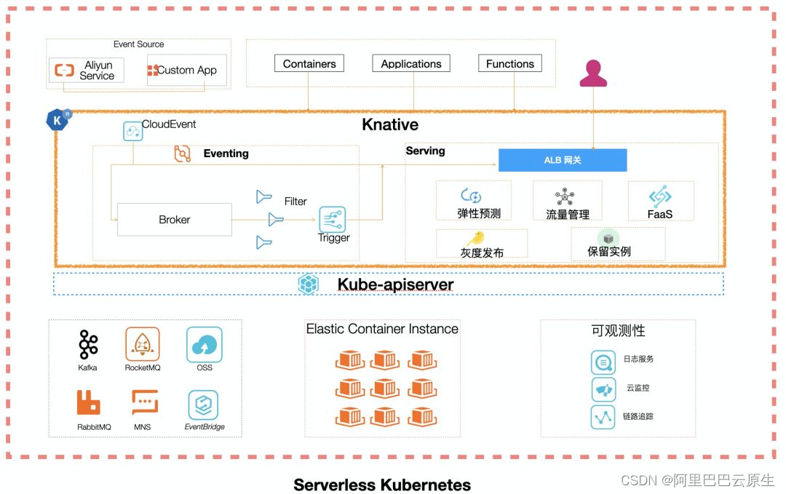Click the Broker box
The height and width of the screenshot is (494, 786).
[175, 220]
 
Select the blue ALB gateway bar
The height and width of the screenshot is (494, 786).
[563, 160]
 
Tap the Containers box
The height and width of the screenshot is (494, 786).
[309, 63]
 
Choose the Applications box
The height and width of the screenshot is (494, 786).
[411, 63]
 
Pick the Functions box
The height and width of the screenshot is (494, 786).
[509, 63]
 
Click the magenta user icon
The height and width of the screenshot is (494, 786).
[593, 73]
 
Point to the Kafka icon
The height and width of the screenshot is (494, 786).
[88, 344]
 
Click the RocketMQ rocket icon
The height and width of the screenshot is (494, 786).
[143, 344]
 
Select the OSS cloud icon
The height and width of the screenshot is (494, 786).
[204, 344]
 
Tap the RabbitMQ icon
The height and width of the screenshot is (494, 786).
[88, 402]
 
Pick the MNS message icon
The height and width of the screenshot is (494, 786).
[145, 402]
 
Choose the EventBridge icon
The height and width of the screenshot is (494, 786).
[203, 405]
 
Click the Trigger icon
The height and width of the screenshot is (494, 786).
[333, 220]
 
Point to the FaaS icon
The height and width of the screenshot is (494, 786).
[659, 196]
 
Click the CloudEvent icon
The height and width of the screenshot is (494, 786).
[133, 131]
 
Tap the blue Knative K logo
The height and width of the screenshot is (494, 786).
[57, 120]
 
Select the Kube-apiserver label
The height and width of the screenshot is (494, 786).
[395, 284]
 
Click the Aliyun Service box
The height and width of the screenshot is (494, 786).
[87, 70]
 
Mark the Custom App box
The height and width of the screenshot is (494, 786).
[186, 70]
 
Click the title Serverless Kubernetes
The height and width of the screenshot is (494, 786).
[382, 485]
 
